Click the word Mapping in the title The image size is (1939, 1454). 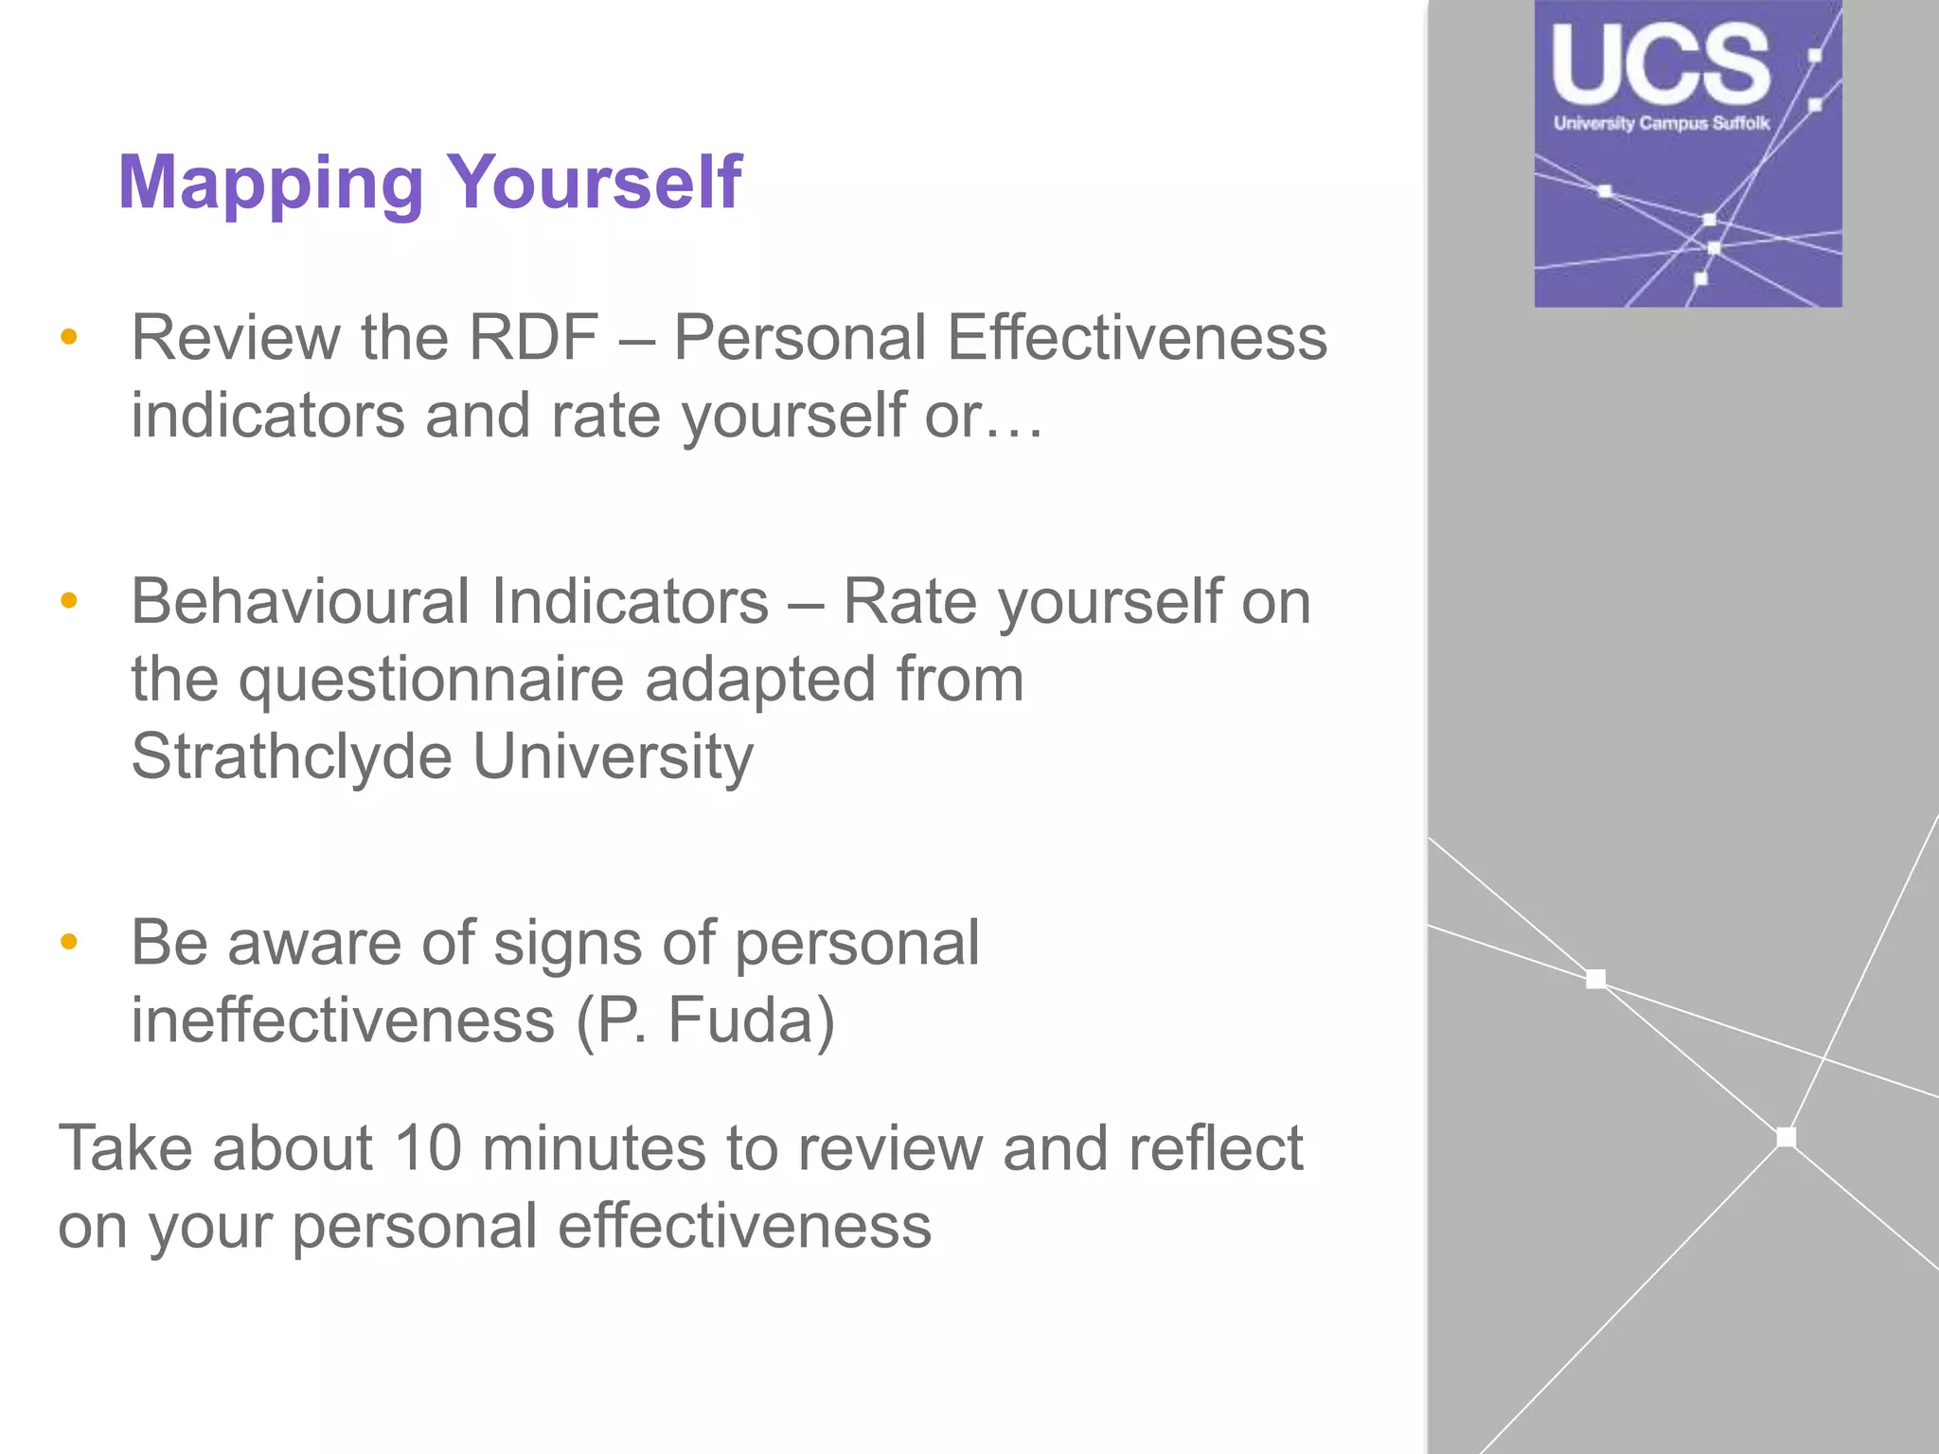click(x=271, y=185)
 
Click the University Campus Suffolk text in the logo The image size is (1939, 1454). click(x=1661, y=123)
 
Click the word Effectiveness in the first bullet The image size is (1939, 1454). click(x=1137, y=338)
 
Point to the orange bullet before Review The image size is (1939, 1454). click(x=68, y=337)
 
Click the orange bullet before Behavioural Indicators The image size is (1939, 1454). click(x=68, y=600)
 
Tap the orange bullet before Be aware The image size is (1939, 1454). click(x=68, y=942)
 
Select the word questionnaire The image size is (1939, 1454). click(x=431, y=680)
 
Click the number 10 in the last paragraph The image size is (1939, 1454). click(x=427, y=1149)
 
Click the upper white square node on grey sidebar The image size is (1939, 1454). click(x=1596, y=979)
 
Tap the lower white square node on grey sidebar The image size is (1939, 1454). click(x=1787, y=1137)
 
